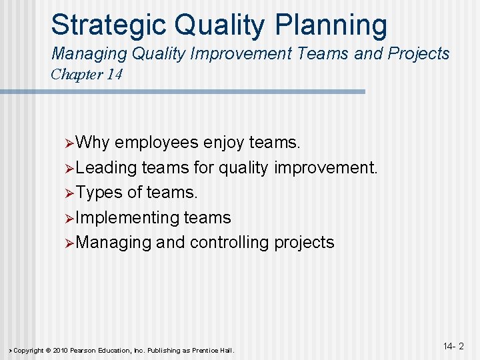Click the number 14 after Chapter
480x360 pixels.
113,74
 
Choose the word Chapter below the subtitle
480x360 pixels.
76,74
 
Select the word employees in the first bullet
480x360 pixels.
156,143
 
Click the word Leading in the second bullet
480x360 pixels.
107,167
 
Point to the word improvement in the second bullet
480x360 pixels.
325,167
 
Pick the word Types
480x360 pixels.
99,193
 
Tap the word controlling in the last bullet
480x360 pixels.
229,242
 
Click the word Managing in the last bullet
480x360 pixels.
114,242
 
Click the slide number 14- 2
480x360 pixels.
453,347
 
